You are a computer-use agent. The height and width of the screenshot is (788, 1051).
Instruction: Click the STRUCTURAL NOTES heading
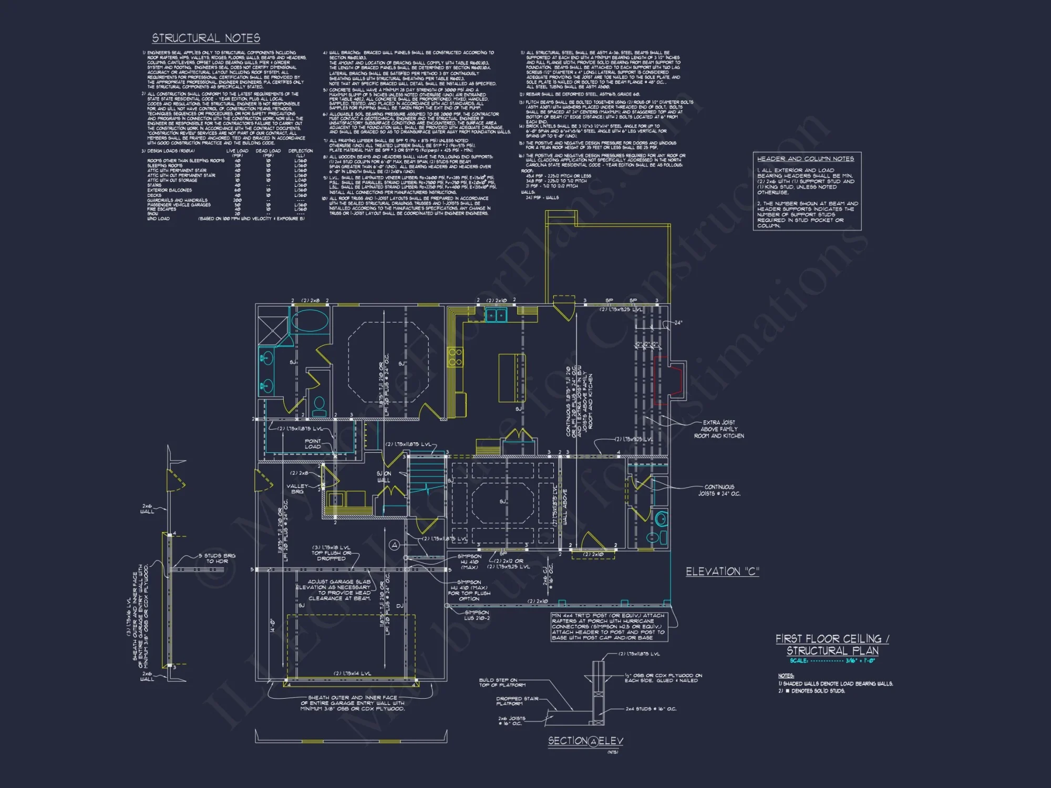(206, 38)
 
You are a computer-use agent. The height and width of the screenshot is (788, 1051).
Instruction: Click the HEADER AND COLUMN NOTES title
(805, 159)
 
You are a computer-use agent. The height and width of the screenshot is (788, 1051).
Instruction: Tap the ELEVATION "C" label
(722, 572)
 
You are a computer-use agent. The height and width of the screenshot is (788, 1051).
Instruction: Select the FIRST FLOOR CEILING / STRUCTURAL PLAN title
(832, 645)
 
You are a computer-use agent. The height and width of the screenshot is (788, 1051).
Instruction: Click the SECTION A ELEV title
(585, 741)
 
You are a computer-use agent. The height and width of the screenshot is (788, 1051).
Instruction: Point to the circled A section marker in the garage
(395, 545)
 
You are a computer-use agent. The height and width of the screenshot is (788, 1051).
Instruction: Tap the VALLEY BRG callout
(297, 489)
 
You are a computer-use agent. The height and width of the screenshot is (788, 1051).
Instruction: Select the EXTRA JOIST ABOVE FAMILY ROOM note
(719, 429)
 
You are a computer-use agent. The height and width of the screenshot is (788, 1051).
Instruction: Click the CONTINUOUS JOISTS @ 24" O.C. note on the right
(719, 490)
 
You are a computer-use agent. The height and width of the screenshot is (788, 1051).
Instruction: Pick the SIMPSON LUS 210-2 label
(477, 615)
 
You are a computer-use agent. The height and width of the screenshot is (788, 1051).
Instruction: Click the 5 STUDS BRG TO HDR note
(217, 558)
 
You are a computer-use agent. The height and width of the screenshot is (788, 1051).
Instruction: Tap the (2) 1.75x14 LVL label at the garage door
(352, 673)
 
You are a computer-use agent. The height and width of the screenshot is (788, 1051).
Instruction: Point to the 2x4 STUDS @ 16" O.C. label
(651, 709)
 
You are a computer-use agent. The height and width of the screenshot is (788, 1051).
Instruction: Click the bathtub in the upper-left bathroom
(310, 320)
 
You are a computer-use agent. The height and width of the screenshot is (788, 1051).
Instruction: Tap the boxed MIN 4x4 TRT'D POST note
(608, 626)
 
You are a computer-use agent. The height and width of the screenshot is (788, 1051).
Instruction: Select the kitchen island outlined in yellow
(511, 378)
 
